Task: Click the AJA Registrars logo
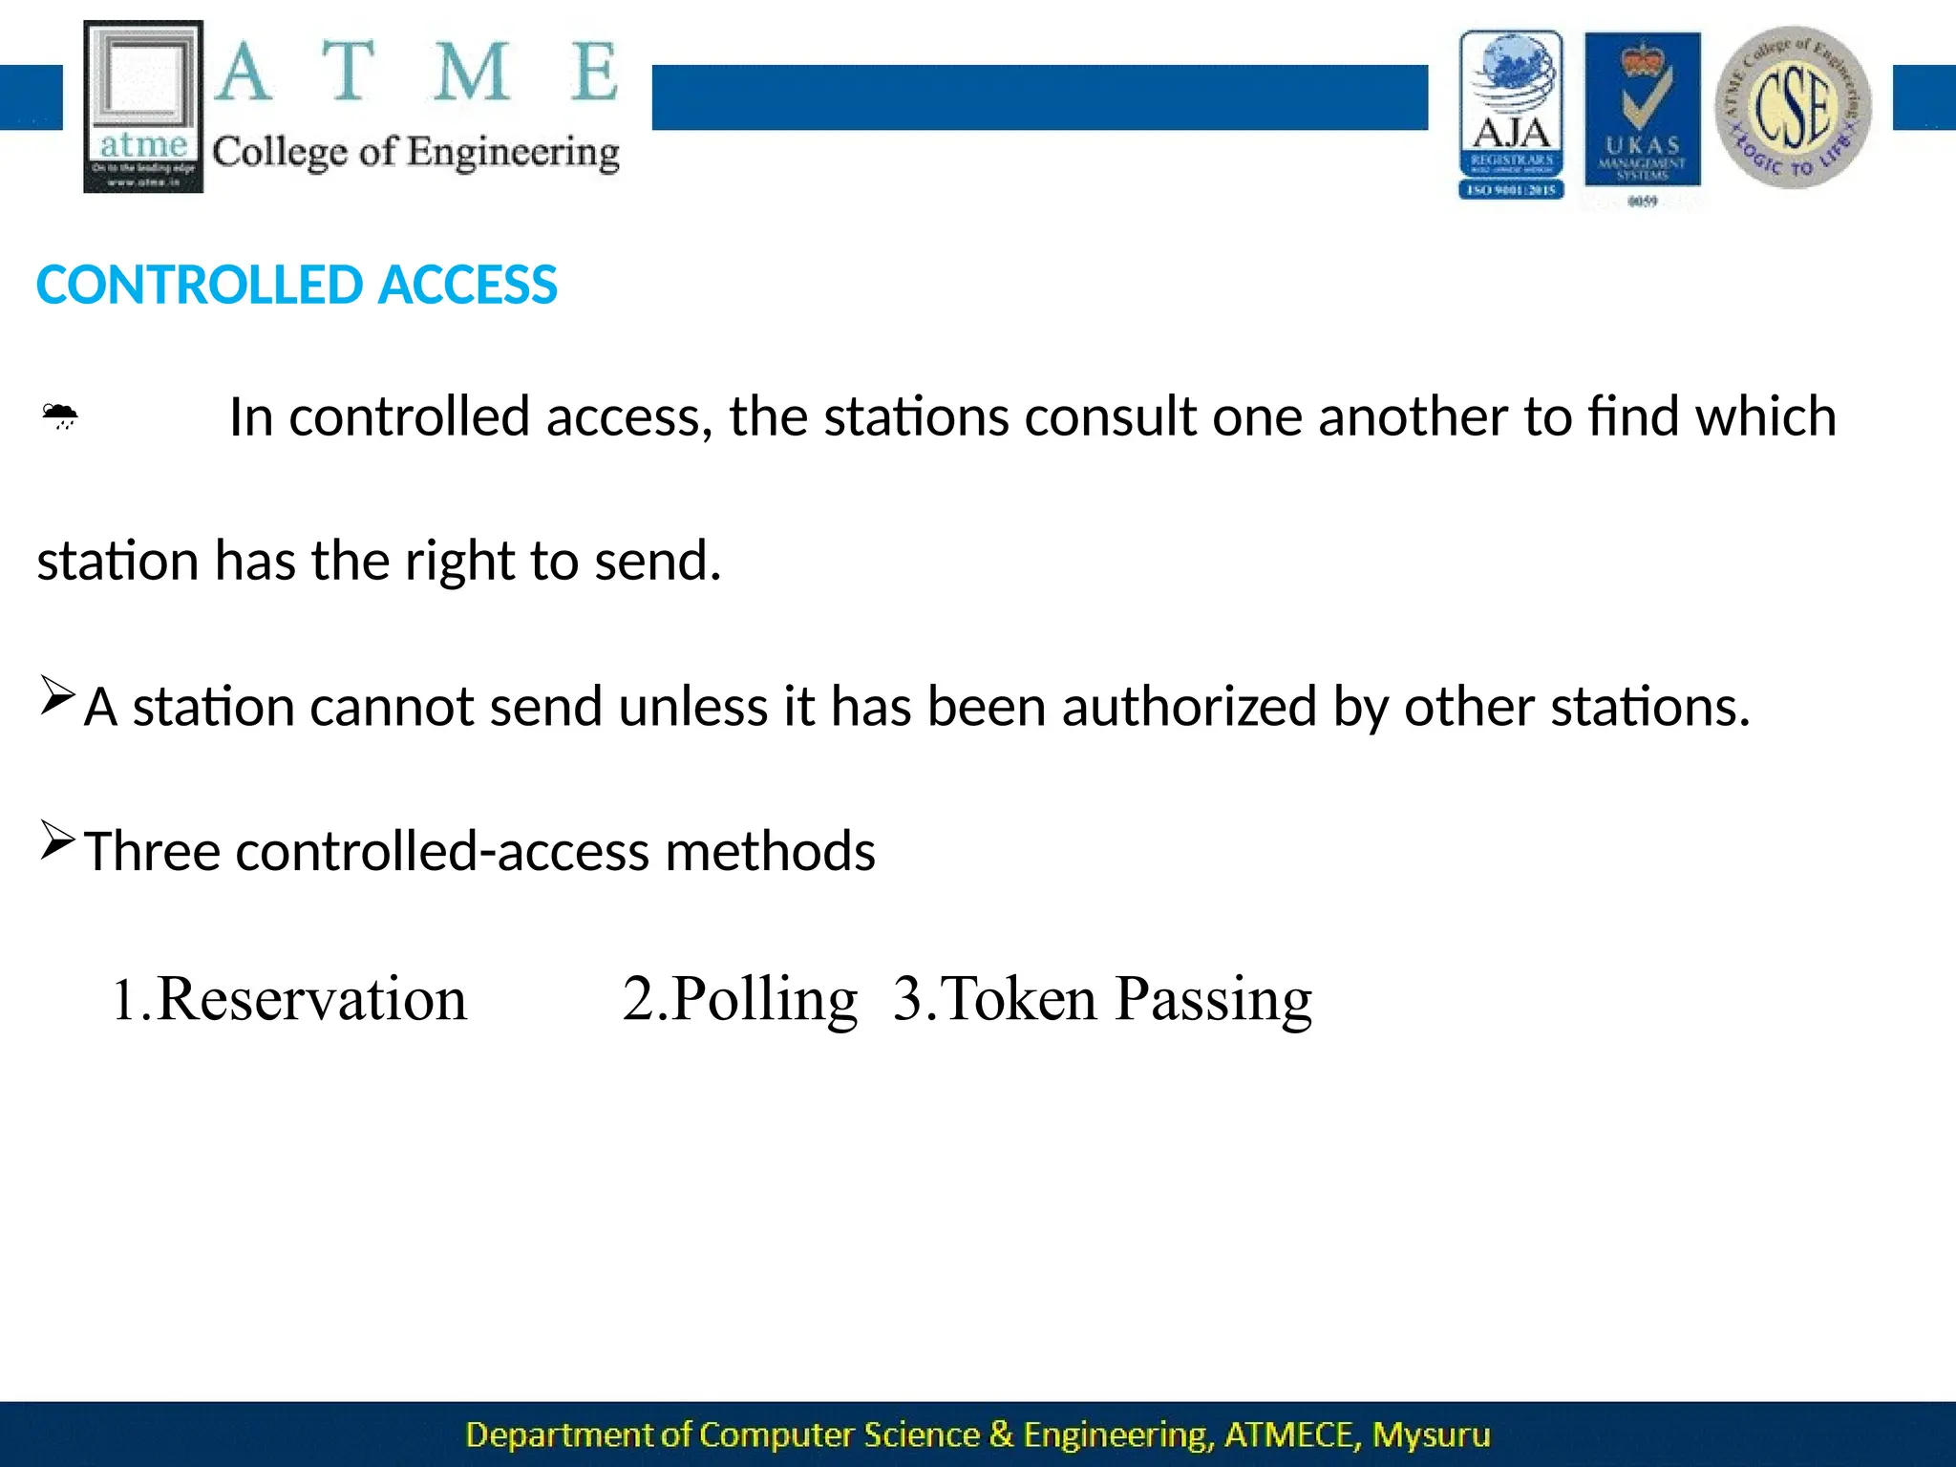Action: [1511, 115]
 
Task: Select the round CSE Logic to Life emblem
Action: [1793, 107]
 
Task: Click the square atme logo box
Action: [143, 105]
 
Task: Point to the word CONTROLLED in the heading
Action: [200, 285]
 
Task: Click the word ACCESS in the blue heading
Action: [467, 285]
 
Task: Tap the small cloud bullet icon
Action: [59, 415]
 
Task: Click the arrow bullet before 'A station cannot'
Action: [57, 694]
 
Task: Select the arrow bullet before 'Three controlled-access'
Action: [57, 840]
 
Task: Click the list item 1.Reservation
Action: [289, 999]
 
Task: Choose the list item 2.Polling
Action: [740, 999]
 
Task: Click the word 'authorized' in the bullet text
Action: [1189, 707]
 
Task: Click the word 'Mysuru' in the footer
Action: [1431, 1435]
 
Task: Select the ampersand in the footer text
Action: [1001, 1435]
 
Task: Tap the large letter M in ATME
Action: [471, 72]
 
